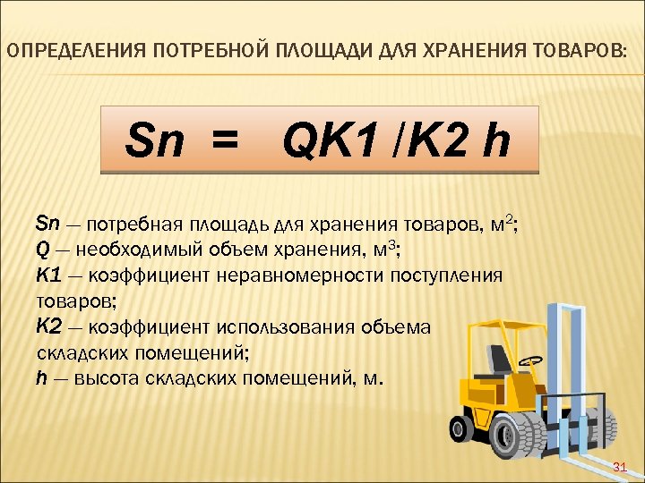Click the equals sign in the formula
(x=224, y=140)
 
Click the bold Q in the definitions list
(x=40, y=250)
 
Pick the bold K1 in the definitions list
(x=47, y=275)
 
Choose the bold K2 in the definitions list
(x=47, y=326)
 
